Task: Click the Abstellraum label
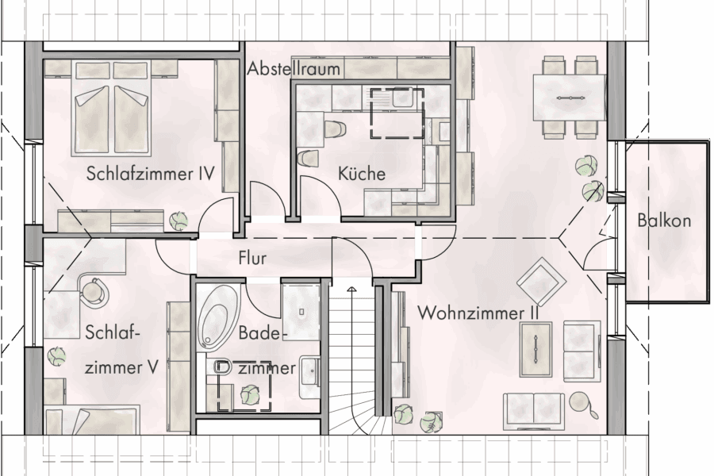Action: click(x=294, y=69)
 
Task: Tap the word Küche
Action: click(x=361, y=173)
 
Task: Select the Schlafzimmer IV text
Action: click(x=152, y=173)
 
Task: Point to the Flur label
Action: click(x=251, y=258)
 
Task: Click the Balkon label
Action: click(x=663, y=221)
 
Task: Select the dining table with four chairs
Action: click(x=570, y=97)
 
